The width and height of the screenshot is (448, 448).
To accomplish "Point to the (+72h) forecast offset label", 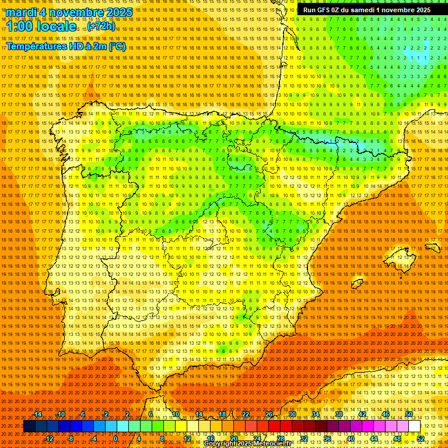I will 101,26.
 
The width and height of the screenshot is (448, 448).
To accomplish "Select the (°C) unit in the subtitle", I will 116,46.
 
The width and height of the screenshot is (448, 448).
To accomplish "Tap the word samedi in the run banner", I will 361,10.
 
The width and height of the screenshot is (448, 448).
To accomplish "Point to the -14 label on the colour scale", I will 38,414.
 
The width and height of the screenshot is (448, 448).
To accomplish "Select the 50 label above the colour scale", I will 409,414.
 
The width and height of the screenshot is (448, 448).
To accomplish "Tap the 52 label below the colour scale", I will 421,439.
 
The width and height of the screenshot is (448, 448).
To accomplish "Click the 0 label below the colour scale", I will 116,439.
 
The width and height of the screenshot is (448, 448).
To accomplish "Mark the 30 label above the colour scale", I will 292,414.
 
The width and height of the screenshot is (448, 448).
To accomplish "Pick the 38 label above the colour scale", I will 338,414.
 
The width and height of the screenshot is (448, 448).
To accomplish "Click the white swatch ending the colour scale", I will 415,426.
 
